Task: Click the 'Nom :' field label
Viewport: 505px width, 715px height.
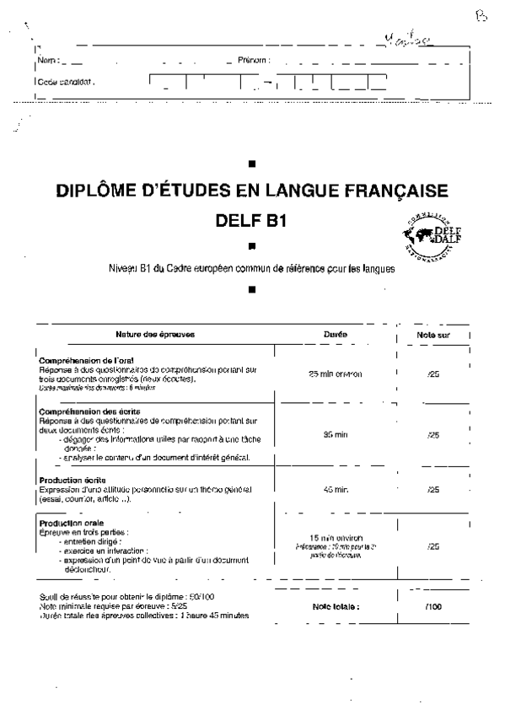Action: coord(48,61)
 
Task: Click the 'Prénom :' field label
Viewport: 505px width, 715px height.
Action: coord(253,61)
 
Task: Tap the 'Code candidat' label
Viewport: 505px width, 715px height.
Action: coord(66,83)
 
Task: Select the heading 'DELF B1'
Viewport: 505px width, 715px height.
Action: coord(252,223)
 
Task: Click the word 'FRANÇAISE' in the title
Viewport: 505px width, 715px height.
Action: coord(381,191)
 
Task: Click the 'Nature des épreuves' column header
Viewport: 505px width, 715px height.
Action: coord(156,335)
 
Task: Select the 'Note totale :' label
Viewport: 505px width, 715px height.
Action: coord(336,606)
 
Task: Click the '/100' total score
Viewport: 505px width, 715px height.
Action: coord(433,606)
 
